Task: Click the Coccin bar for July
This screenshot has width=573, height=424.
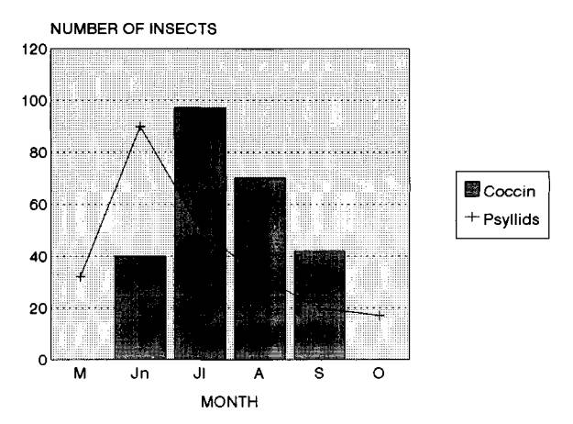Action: click(200, 234)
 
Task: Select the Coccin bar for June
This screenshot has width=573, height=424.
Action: click(140, 307)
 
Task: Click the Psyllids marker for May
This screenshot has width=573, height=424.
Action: click(81, 276)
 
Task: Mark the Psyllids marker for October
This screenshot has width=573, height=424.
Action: click(380, 316)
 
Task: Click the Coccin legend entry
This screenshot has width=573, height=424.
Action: click(502, 190)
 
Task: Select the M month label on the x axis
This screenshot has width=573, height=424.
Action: click(81, 375)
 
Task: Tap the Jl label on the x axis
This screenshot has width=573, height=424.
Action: click(200, 375)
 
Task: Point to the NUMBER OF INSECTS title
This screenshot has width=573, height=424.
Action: click(134, 29)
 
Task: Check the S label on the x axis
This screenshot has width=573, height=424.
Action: click(320, 375)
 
